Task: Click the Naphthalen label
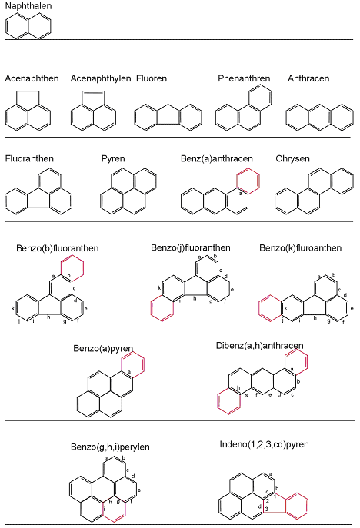[x=28, y=6]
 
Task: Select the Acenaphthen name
[x=32, y=78]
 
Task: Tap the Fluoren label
[x=152, y=78]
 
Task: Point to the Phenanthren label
[x=244, y=78]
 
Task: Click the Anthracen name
[x=308, y=78]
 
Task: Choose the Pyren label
[x=113, y=158]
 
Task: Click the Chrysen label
[x=292, y=158]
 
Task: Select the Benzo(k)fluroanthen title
[x=300, y=248]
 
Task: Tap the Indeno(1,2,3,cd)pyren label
[x=265, y=444]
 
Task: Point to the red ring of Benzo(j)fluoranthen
[x=152, y=309]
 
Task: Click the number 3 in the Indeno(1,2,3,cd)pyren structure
[x=266, y=509]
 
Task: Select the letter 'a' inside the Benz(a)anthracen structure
[x=240, y=193]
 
